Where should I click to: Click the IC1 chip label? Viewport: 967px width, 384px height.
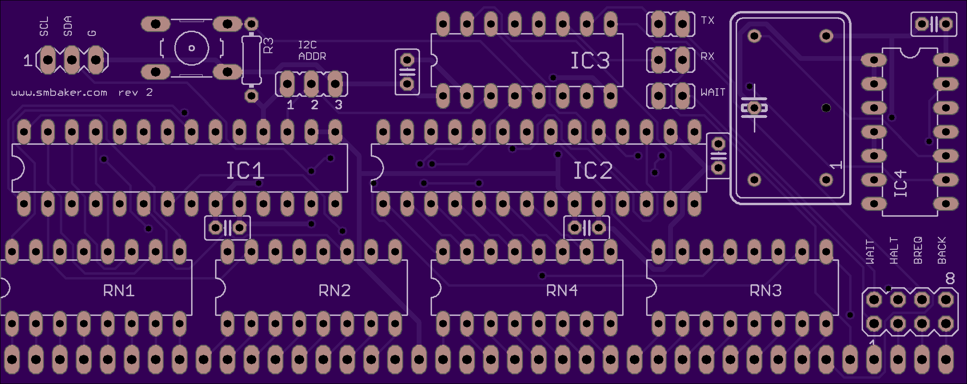pos(245,171)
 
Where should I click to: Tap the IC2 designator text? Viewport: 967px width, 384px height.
pos(593,171)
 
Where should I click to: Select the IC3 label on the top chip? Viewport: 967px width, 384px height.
pos(590,61)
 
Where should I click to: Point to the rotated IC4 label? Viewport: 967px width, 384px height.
pos(901,184)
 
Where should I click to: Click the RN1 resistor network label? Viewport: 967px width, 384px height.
pos(119,291)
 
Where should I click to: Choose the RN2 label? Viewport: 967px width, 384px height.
pos(334,291)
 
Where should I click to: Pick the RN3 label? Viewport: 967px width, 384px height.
pos(765,291)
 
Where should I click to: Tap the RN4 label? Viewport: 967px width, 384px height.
pos(562,291)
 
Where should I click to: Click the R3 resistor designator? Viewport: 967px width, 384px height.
pos(268,46)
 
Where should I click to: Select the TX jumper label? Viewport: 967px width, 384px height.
pos(707,21)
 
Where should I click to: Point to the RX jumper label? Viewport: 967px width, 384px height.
pos(707,57)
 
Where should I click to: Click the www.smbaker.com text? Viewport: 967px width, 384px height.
pos(59,93)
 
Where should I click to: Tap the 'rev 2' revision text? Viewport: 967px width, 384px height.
pos(136,93)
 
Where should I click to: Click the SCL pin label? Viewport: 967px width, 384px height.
pos(44,26)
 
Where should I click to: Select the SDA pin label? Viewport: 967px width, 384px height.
pos(68,26)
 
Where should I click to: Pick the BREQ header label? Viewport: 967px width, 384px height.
pos(918,250)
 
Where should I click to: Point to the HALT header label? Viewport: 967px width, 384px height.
pos(894,251)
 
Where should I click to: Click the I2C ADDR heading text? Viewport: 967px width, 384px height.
pos(312,51)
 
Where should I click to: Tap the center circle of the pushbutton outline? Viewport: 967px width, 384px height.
pos(192,48)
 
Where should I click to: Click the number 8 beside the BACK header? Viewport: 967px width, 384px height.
pos(950,279)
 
